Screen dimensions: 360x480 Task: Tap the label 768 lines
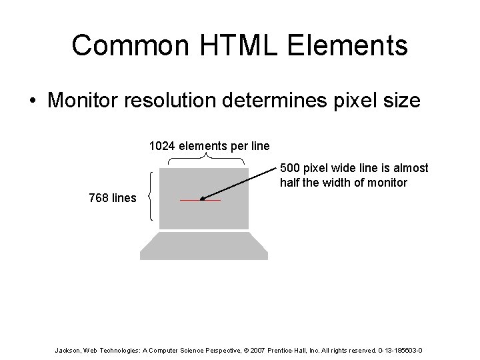pyautogui.click(x=113, y=197)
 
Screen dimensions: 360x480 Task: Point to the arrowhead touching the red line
pyautogui.click(x=203, y=198)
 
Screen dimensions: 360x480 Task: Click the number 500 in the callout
pyautogui.click(x=291, y=168)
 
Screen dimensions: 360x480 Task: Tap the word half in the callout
pyautogui.click(x=291, y=182)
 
